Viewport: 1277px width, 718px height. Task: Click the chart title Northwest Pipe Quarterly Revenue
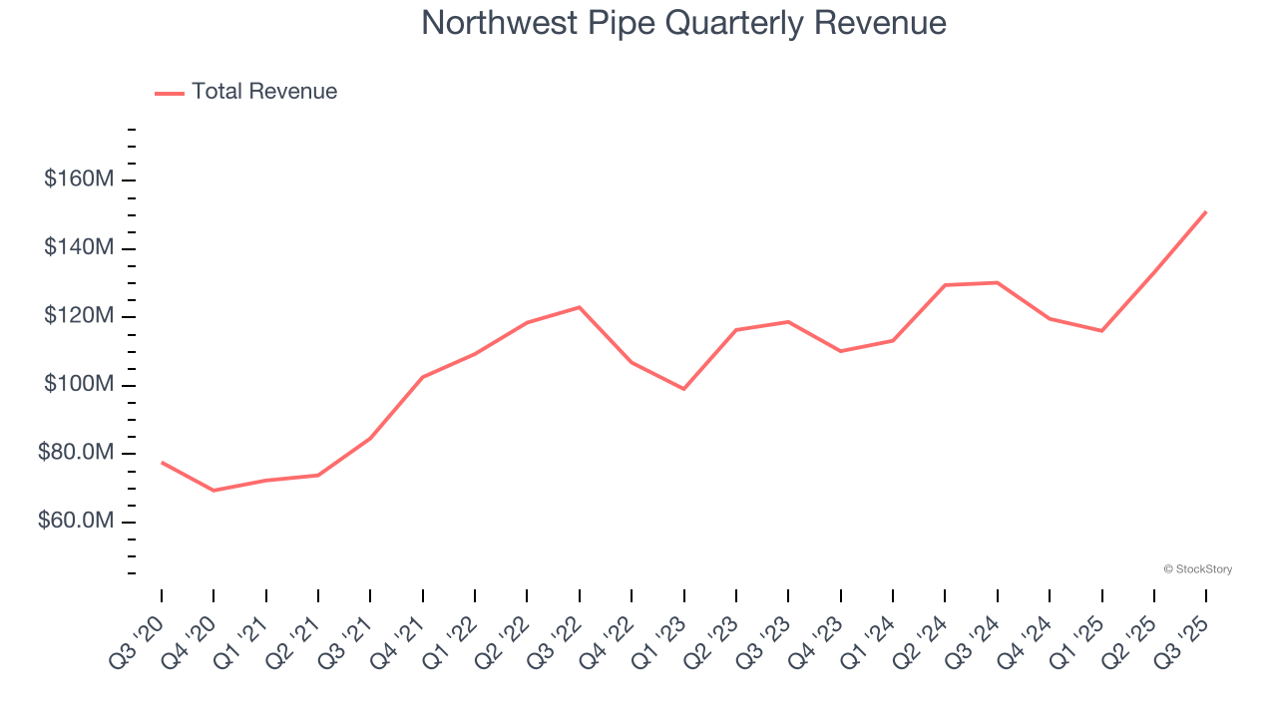(x=683, y=22)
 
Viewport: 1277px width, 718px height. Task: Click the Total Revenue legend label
(x=264, y=92)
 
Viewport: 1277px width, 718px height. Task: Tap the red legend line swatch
(x=170, y=93)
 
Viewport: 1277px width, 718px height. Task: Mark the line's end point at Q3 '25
(x=1206, y=211)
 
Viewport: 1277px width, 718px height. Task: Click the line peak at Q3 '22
(x=580, y=307)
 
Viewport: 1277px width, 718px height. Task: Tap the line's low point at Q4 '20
(x=213, y=491)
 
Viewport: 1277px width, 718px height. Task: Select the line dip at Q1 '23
(x=683, y=389)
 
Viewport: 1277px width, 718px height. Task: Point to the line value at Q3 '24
(x=997, y=282)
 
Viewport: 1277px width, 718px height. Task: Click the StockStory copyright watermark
(x=1197, y=569)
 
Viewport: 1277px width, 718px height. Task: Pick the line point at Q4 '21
(x=423, y=377)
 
